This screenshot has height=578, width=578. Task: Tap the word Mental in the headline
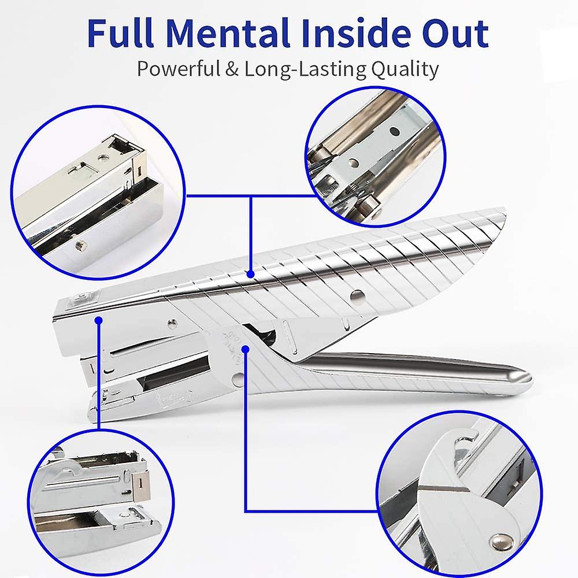(x=231, y=33)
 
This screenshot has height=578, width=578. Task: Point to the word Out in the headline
(x=457, y=33)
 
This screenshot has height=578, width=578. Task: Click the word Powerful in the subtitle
(x=179, y=69)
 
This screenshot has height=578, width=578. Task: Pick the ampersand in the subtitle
(x=233, y=69)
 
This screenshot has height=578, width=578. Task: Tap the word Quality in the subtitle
(x=404, y=69)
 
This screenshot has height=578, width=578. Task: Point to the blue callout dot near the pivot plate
(x=246, y=348)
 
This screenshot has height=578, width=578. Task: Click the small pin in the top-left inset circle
(x=79, y=244)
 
